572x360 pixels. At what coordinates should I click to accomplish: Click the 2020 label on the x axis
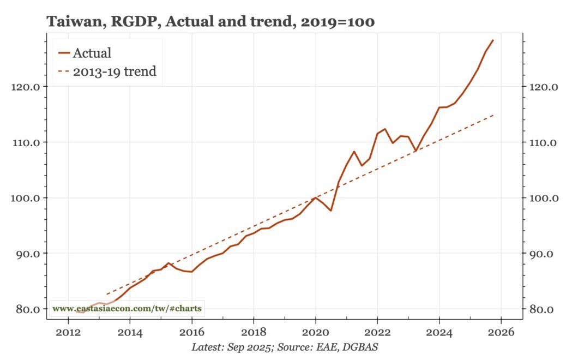[315, 332]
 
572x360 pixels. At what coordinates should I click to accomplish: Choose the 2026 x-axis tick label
[501, 332]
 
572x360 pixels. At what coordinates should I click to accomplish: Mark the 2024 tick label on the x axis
[439, 332]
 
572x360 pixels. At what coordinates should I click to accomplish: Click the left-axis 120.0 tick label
[25, 87]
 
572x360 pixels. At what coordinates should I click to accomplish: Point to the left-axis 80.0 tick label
[27, 309]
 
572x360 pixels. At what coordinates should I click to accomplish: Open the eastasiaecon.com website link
[127, 309]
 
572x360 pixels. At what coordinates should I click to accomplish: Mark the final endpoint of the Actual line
[493, 40]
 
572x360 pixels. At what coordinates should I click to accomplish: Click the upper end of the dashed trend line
[493, 115]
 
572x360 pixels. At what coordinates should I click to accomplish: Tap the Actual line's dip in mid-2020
[331, 211]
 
